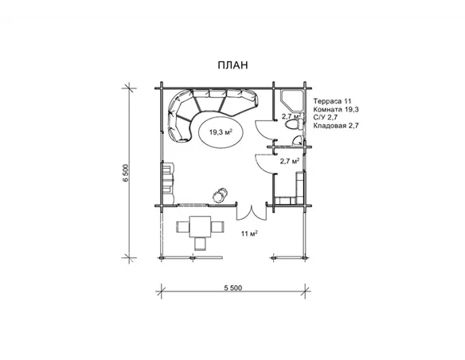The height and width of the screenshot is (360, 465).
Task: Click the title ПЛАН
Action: pos(232,65)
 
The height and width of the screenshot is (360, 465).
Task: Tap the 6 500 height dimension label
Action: pos(126,173)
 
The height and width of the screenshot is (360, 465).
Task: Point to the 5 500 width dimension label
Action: pos(232,288)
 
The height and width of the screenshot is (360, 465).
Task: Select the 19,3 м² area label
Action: pos(221,132)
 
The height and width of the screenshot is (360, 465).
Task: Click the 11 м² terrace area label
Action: pos(249,233)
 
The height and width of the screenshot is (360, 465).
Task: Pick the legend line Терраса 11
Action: pos(332,101)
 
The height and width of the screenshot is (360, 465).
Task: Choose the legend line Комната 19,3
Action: pos(336,109)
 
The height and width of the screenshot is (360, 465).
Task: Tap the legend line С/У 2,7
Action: pos(326,117)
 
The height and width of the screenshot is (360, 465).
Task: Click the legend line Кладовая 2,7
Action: pos(336,125)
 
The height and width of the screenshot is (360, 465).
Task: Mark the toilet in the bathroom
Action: pos(294,124)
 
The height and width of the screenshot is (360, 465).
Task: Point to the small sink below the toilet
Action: pos(297,140)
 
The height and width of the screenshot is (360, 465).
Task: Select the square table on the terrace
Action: pos(200,226)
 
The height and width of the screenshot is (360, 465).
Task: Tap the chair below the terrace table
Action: pos(200,244)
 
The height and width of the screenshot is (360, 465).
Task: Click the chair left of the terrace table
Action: pos(183,227)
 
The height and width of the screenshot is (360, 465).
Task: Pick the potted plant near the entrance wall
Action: pos(220,195)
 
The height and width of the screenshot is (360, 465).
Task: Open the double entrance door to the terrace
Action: pos(252,212)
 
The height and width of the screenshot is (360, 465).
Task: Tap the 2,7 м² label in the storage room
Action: pos(290,161)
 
